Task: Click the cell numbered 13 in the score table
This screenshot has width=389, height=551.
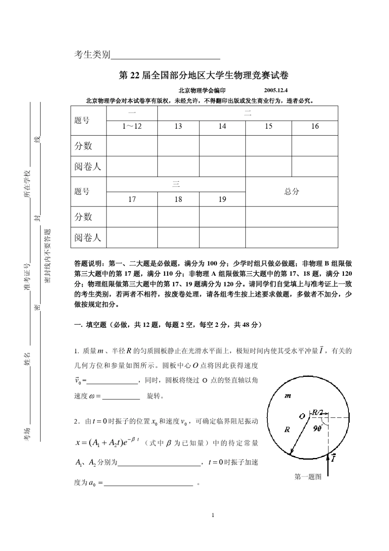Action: (x=178, y=127)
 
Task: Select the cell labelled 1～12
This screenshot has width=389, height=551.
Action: (x=132, y=127)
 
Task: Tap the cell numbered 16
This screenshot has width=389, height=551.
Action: (x=314, y=127)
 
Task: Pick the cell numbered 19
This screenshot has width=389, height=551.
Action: (x=222, y=200)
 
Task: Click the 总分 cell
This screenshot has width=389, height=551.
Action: (x=292, y=191)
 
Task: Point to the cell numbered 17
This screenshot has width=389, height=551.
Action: (x=132, y=200)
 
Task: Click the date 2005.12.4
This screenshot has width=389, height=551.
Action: (x=276, y=91)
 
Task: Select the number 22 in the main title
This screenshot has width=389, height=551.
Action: (x=135, y=75)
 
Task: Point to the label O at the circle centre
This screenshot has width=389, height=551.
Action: (x=302, y=416)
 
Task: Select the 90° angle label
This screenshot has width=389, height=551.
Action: (x=318, y=429)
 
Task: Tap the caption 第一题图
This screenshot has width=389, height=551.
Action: (x=308, y=476)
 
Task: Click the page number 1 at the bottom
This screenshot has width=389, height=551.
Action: (x=213, y=515)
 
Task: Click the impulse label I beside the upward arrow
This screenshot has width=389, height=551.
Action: (x=334, y=458)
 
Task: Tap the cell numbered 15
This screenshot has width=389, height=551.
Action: (x=268, y=127)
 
